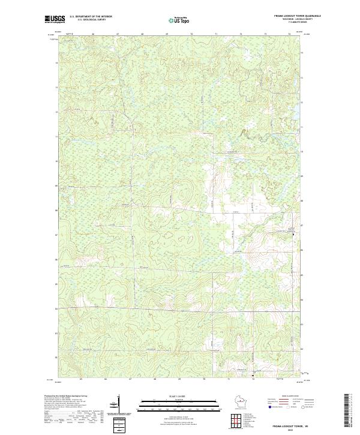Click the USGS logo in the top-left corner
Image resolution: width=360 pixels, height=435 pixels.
click(x=55, y=19)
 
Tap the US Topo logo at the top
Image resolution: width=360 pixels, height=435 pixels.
click(x=179, y=20)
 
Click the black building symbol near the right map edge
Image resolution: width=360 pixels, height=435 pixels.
click(x=293, y=233)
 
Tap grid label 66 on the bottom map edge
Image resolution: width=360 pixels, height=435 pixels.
click(x=106, y=380)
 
